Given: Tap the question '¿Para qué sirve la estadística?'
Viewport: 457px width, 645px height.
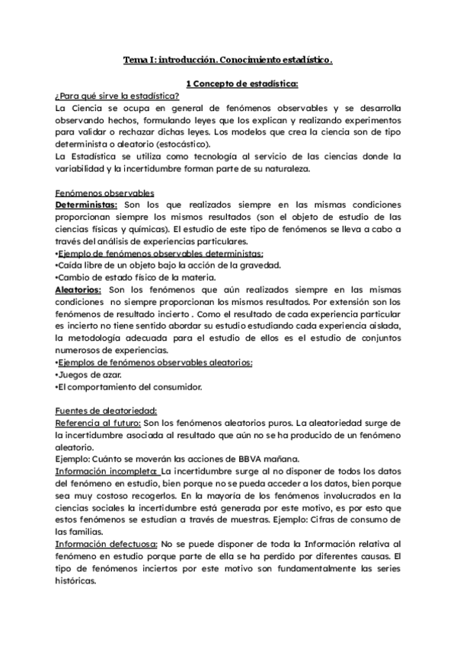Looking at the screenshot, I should coord(106,96).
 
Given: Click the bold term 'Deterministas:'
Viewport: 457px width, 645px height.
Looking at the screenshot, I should coord(86,205).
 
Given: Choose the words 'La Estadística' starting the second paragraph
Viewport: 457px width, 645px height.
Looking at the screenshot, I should coord(85,157).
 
